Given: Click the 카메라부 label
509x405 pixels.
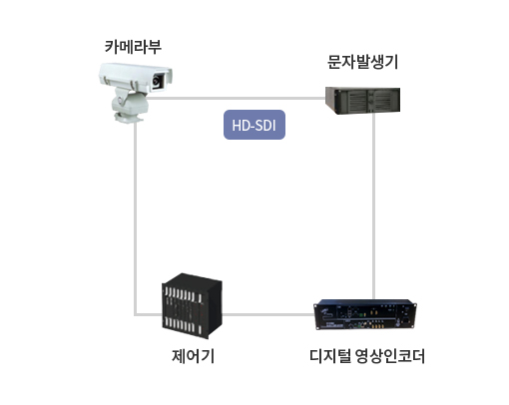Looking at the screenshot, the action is point(133,47).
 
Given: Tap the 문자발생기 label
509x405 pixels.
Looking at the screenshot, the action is point(362,62).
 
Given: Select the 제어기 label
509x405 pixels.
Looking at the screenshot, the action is point(193,356).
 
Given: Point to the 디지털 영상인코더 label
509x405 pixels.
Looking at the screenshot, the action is point(367,356).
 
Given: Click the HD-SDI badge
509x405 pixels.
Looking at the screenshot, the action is point(254,125).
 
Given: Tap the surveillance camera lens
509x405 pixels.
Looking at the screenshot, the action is point(157,81).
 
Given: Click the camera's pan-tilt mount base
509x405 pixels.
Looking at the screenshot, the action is point(129,118).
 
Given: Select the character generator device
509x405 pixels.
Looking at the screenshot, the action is point(362,101).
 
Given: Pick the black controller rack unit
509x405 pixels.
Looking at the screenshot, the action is point(192,306).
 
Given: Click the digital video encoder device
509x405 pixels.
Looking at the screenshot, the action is point(365,314).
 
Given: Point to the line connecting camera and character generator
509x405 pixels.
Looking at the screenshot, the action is point(236,98).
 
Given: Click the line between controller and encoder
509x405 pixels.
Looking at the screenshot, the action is point(268,314).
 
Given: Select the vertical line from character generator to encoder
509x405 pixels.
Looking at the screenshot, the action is point(374,206).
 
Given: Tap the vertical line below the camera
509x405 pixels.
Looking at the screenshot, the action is point(136,217).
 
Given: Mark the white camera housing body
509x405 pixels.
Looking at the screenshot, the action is point(136,77).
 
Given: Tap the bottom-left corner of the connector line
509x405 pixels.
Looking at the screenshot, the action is point(136,314).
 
